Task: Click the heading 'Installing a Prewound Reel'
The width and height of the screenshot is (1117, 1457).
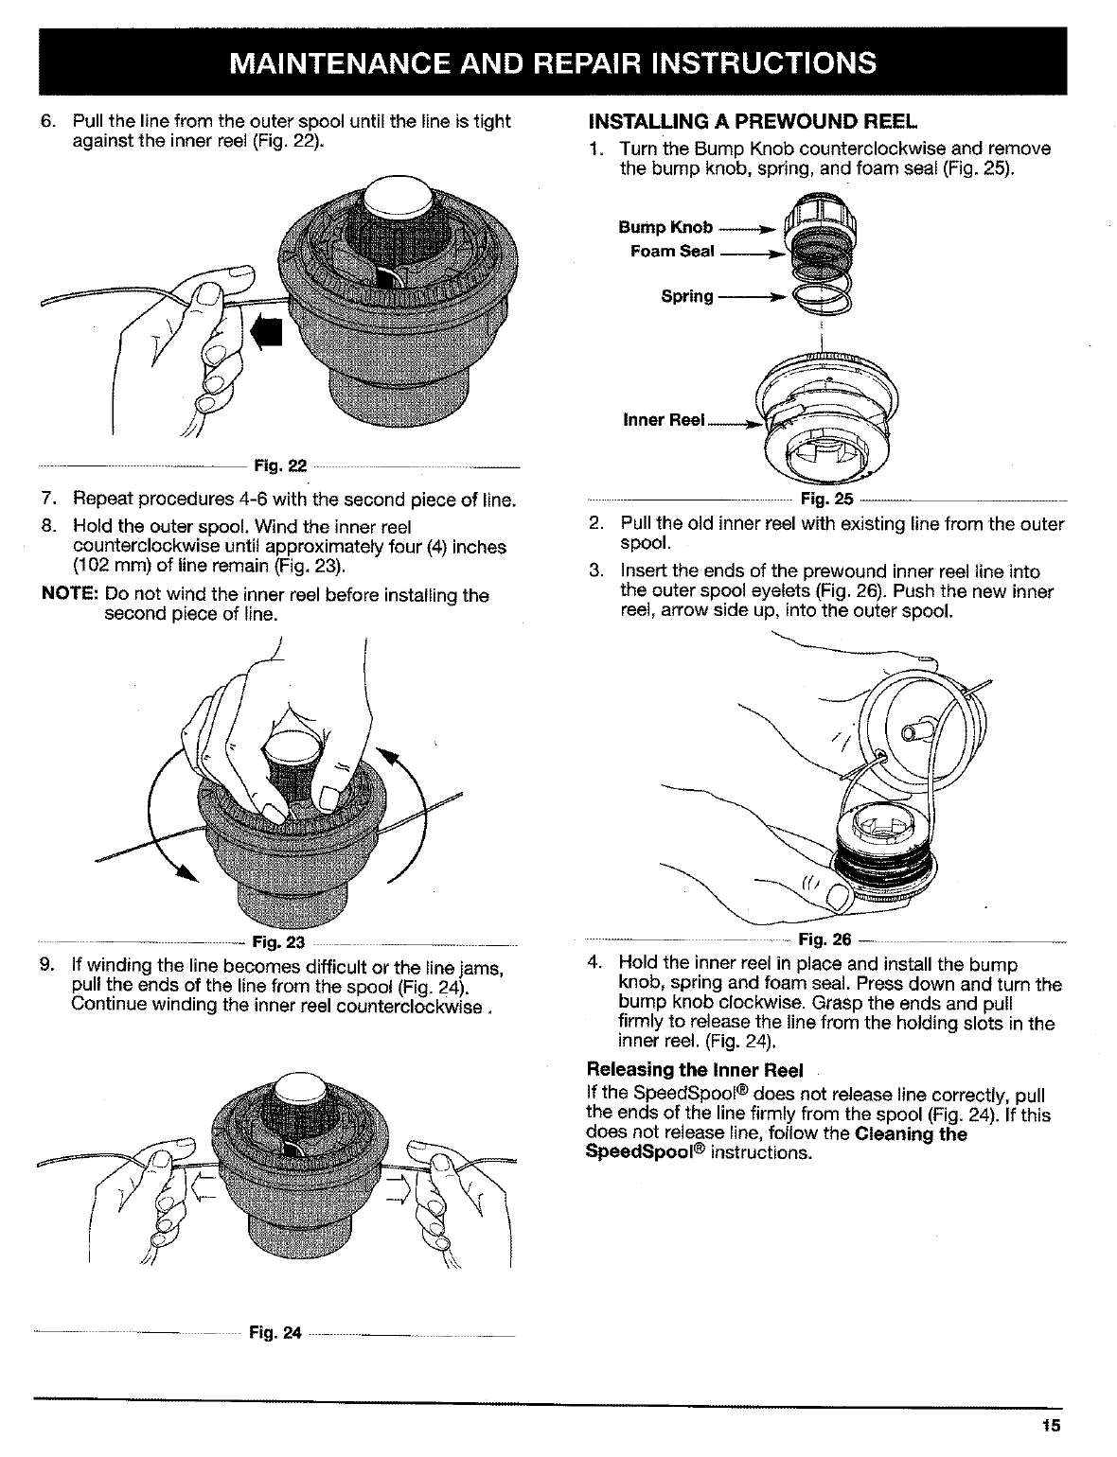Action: (753, 122)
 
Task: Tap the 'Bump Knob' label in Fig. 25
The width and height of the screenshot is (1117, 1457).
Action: (665, 227)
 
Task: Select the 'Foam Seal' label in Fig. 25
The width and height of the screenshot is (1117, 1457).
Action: (672, 251)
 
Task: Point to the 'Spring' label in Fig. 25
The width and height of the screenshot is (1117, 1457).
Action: (687, 296)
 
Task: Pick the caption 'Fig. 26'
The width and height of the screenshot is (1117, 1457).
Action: (825, 939)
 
